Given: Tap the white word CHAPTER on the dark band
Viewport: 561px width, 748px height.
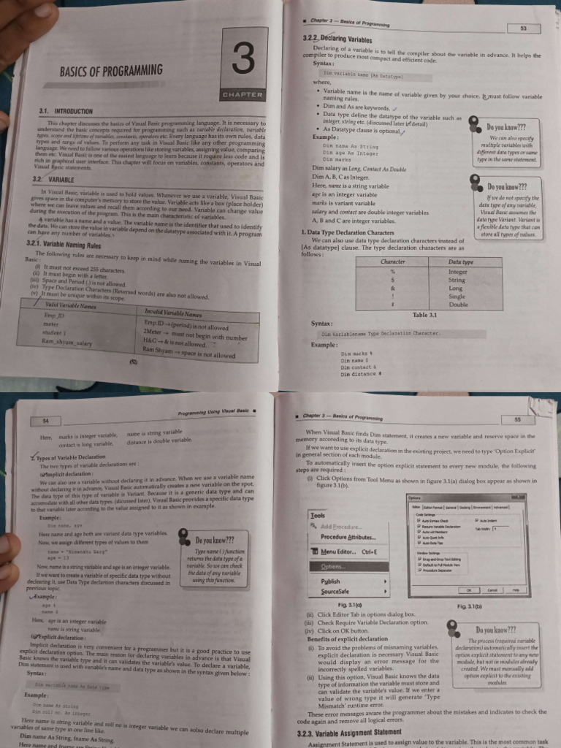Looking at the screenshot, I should [x=241, y=95].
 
